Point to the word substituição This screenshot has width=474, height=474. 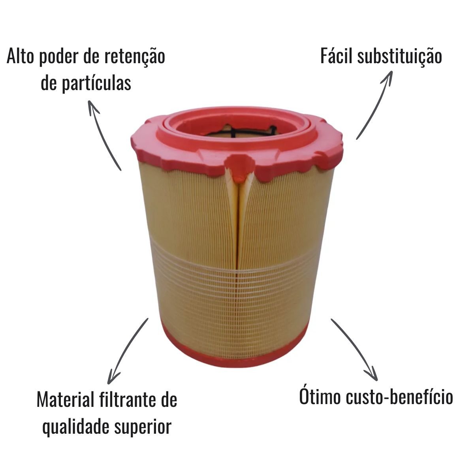400,57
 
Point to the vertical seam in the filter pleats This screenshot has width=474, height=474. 237,246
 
